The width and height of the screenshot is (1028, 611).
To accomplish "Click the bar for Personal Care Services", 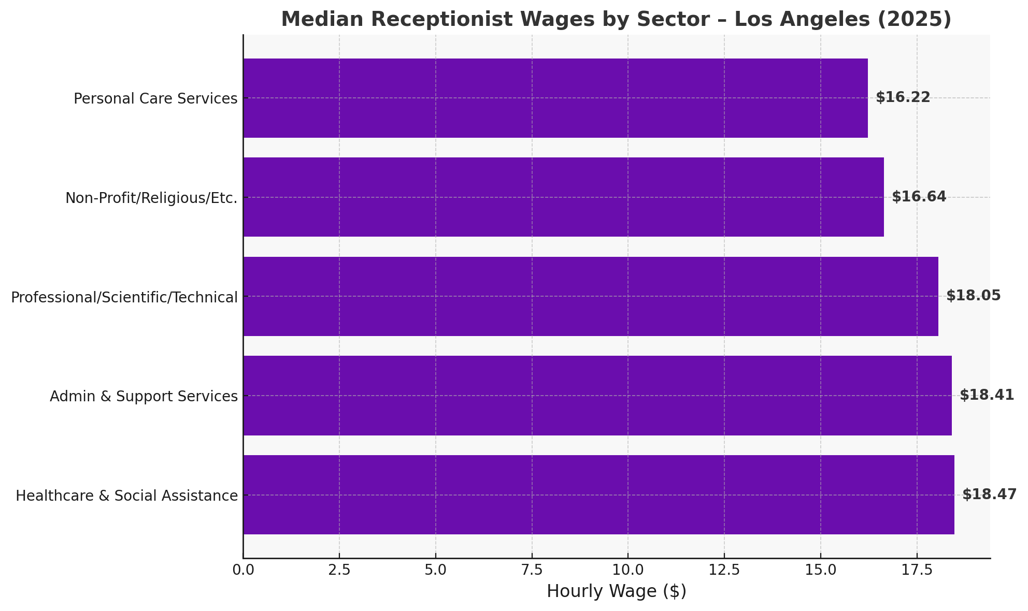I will pos(555,98).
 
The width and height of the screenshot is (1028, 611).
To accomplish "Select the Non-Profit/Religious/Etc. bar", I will pos(563,197).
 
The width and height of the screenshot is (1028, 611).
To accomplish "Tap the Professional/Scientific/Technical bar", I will pos(590,296).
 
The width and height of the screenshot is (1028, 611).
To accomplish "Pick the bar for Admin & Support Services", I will pos(597,396).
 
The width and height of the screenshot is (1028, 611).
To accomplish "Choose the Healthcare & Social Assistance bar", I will pos(598,494).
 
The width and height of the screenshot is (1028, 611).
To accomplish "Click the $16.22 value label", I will pos(903,97).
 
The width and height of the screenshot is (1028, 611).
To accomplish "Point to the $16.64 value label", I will pos(919,197).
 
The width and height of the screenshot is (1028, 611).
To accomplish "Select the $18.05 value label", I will pos(973,296).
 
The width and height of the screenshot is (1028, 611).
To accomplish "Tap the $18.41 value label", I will pos(987,395).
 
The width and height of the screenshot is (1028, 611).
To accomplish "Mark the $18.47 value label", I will pos(989,494).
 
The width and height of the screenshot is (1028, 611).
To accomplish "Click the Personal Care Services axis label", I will pos(155,98).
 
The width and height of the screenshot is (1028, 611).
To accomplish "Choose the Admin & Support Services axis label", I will pos(144,396).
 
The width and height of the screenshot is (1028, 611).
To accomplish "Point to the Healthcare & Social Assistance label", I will pos(126,496).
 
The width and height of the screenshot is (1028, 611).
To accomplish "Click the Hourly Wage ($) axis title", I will pos(616,591).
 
